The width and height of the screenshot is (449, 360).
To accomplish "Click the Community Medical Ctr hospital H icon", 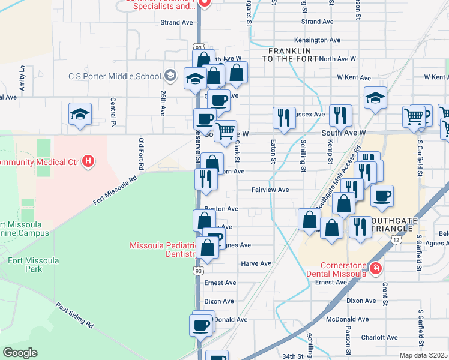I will (x=88, y=161).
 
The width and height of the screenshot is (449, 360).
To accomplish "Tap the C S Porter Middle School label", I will (x=115, y=76).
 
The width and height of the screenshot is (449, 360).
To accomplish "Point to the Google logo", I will (x=20, y=353).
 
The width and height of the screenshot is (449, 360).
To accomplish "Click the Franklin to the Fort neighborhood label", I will (x=289, y=55).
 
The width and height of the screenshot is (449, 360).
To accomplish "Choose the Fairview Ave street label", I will (x=270, y=190).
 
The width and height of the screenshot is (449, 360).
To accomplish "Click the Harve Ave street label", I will (x=256, y=263).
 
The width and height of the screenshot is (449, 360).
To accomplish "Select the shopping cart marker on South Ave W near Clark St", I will (x=225, y=130).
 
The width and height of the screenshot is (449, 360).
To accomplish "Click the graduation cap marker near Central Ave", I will (x=79, y=115).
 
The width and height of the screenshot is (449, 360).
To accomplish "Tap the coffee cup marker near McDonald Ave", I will (x=200, y=325).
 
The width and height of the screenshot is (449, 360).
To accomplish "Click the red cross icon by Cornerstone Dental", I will (x=376, y=268).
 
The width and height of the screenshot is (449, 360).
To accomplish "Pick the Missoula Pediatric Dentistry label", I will (x=163, y=250).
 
